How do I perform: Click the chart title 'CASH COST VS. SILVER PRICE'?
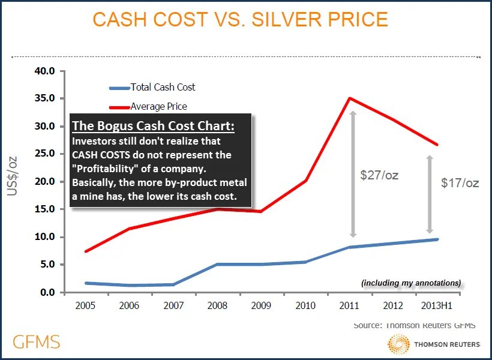240,19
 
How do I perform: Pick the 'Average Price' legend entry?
158,106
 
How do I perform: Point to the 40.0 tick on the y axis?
44,71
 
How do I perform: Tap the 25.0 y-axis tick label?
44,154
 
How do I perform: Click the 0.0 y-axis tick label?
46,292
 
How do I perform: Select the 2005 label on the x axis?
85,305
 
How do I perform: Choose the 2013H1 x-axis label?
436,305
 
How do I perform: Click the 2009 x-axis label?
261,305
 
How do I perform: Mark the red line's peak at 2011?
349,98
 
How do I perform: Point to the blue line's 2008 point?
217,264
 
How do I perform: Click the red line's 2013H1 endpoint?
437,145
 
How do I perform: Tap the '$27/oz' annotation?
379,175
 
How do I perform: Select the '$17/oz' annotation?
460,183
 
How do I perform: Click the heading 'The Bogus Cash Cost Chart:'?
153,126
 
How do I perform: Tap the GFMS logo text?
37,342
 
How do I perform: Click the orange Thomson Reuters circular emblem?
400,345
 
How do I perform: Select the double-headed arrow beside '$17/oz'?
430,194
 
